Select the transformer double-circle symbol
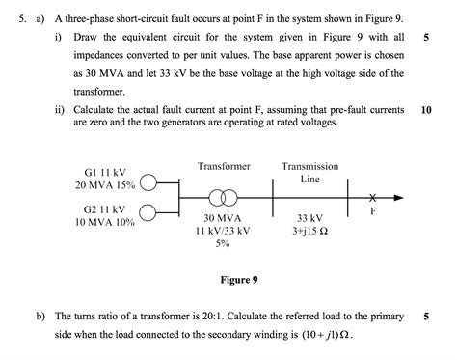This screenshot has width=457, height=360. (x=223, y=198)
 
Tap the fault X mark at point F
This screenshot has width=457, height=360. (x=372, y=197)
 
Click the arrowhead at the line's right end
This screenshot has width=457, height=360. (x=398, y=198)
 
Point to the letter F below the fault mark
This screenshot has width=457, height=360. (x=373, y=211)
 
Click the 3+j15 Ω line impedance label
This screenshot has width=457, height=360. (x=309, y=231)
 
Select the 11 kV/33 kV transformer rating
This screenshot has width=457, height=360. (x=223, y=231)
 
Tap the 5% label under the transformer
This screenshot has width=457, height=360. (x=223, y=243)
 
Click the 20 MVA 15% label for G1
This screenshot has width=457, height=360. (x=105, y=185)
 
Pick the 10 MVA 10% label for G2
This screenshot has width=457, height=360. (x=105, y=222)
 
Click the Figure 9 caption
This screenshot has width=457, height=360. (x=239, y=280)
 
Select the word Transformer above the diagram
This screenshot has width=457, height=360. (x=224, y=166)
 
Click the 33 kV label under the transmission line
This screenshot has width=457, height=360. (x=309, y=218)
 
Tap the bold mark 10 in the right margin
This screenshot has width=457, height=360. (x=426, y=110)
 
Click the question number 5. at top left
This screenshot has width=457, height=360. (x=23, y=19)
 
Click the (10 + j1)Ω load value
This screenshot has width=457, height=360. (x=326, y=335)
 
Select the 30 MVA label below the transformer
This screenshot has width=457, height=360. (x=222, y=218)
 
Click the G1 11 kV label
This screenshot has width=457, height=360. (x=105, y=173)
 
